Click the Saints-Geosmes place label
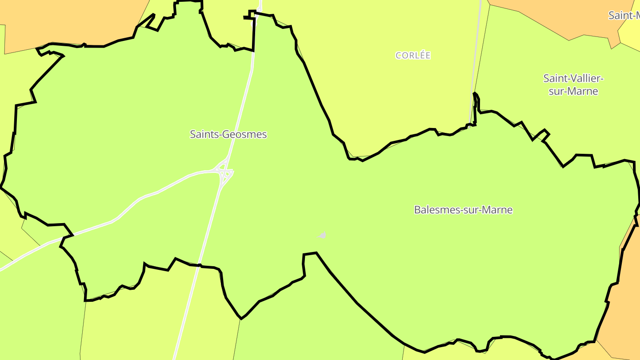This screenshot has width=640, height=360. point(228,134)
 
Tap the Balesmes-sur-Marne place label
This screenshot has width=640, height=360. point(463,210)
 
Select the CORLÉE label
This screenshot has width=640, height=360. point(413,56)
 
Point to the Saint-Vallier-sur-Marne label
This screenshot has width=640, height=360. point(573,85)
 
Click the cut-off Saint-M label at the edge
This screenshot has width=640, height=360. point(624,16)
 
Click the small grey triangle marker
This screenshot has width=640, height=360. point(322,235)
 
